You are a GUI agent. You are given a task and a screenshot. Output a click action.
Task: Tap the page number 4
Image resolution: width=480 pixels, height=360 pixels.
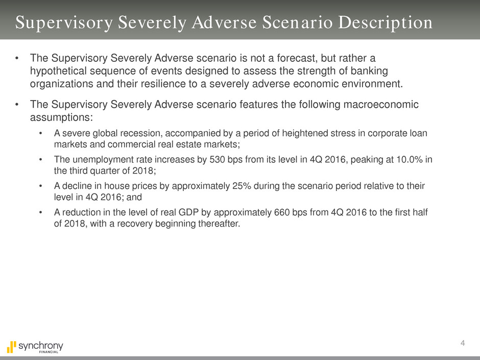pyautogui.click(x=462, y=343)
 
